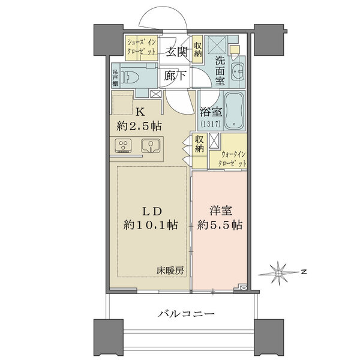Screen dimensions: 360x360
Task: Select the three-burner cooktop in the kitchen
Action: [x=123, y=146]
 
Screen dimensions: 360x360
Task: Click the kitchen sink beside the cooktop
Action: [x=149, y=146]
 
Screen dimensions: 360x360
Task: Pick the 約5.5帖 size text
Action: [x=220, y=226]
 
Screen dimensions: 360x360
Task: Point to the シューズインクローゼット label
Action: [x=142, y=47]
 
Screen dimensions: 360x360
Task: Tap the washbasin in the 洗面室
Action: [x=237, y=70]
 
